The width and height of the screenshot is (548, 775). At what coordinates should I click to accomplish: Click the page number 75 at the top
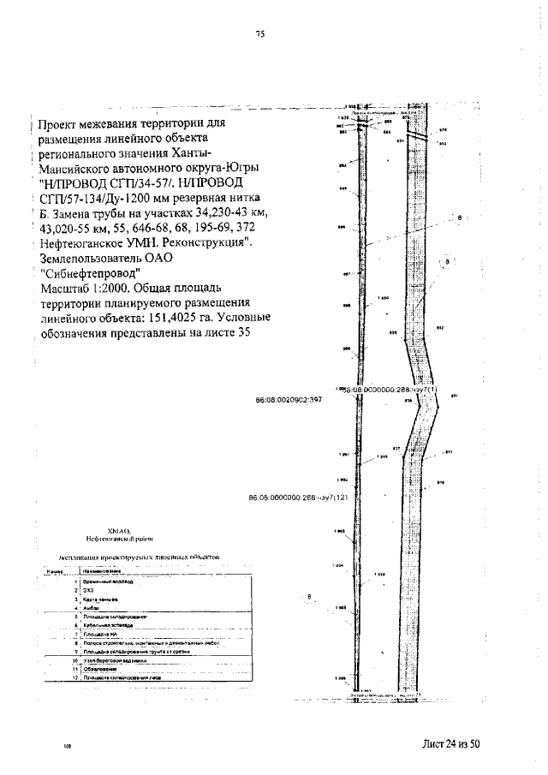(x=260, y=34)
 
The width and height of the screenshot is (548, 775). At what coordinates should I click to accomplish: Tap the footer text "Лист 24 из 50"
(x=452, y=743)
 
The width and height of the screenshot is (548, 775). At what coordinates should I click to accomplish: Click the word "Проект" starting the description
(x=63, y=123)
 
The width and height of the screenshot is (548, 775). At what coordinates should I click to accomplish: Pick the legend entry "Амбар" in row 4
(x=92, y=607)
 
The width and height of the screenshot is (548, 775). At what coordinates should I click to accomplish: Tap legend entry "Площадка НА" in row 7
(x=98, y=634)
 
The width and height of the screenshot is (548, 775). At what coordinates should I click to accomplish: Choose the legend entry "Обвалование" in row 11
(x=99, y=669)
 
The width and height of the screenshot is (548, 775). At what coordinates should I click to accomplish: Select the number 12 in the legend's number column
(x=75, y=677)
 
